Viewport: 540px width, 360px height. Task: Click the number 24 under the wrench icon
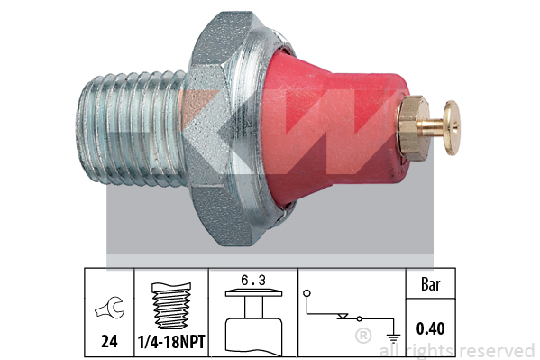click(109, 341)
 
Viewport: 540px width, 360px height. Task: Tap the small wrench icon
click(110, 308)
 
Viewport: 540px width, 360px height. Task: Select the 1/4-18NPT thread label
click(171, 342)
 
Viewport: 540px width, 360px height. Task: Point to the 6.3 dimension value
click(253, 281)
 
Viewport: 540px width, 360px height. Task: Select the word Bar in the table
click(431, 284)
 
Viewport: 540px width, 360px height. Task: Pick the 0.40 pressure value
click(431, 328)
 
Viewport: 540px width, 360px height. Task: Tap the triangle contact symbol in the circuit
click(343, 316)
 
